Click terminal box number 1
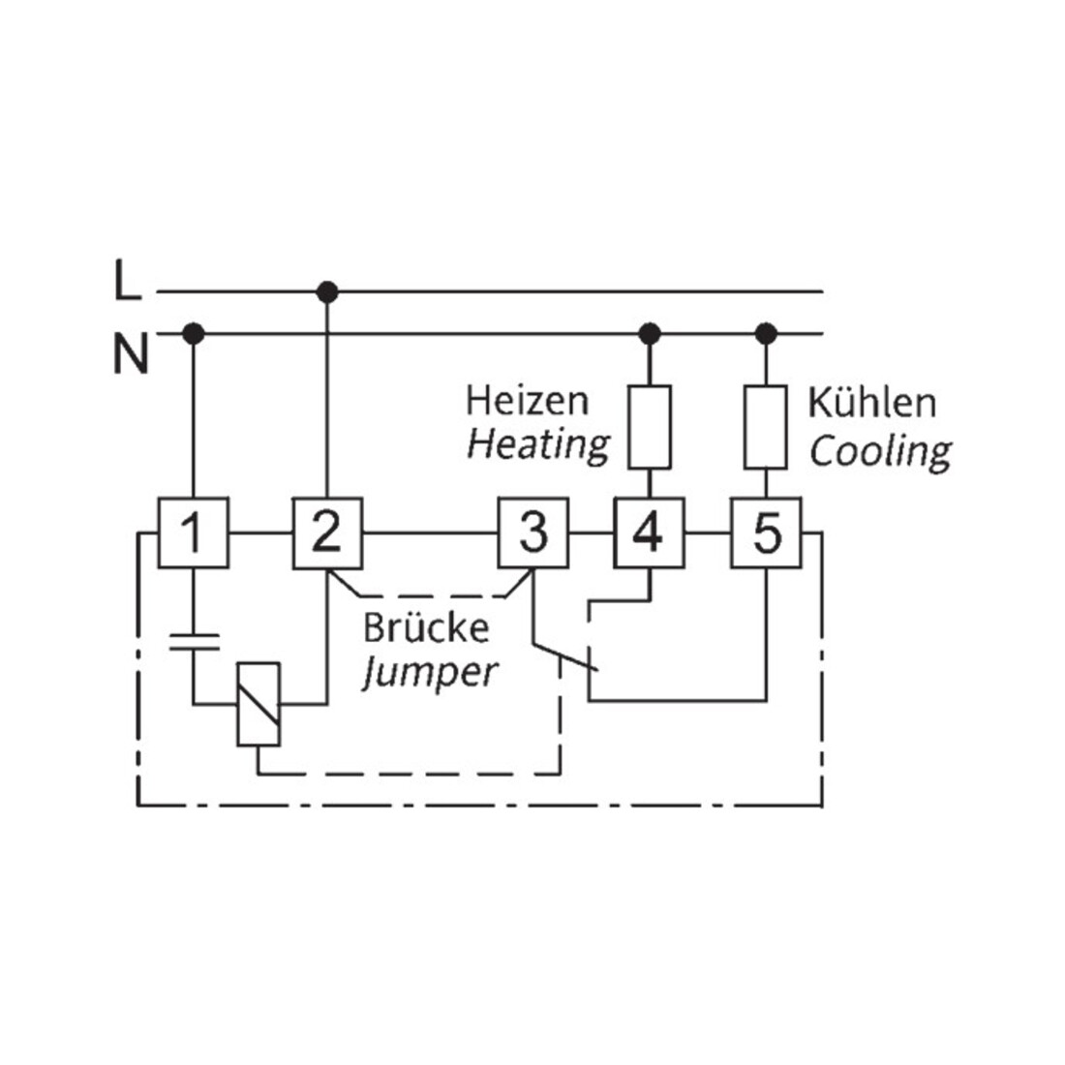[194, 533]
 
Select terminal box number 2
[327, 533]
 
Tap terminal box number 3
[533, 533]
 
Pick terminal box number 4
[650, 533]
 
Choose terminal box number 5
[766, 533]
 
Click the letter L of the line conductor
[127, 280]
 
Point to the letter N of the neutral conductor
[131, 353]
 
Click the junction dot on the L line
[327, 292]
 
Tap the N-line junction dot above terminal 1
[194, 333]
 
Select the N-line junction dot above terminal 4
[650, 333]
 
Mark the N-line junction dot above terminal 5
[766, 333]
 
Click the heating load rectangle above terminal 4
[650, 427]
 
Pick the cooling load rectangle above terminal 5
[766, 427]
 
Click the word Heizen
[527, 401]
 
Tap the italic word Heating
[538, 446]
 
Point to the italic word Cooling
[880, 452]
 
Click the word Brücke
[426, 627]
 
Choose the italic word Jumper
[430, 673]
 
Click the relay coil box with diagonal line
[259, 704]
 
